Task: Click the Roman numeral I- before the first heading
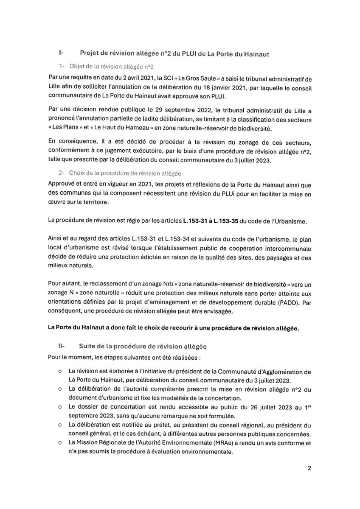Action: pos(61,53)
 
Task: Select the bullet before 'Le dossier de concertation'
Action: pos(61,408)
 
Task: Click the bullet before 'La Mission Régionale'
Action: pos(61,444)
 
